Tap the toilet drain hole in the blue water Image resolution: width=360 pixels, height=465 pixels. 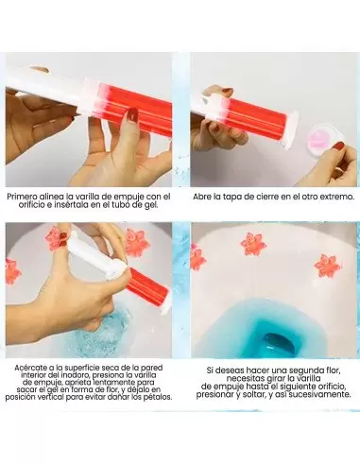click(279, 342)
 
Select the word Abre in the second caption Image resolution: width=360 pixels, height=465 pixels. click(202, 197)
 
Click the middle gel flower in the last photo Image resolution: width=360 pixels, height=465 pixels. click(253, 244)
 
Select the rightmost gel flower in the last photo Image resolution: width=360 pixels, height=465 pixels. click(327, 267)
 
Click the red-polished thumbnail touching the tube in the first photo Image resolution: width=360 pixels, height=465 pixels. click(132, 115)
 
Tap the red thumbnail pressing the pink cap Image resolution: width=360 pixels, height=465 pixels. click(339, 146)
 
